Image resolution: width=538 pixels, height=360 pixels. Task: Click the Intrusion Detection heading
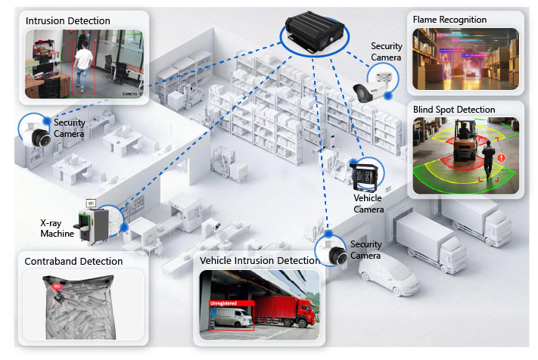(68, 20)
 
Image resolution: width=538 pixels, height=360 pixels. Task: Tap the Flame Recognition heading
(449, 19)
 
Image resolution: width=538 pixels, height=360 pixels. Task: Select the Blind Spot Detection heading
(454, 110)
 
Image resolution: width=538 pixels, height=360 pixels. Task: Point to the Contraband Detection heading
(73, 262)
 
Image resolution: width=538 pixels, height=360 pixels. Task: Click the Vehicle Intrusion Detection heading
(259, 261)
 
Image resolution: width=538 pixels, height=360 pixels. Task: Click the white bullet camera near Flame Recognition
(373, 83)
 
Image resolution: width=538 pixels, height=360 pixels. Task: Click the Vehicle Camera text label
(368, 203)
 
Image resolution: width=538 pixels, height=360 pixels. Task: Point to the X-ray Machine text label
(58, 228)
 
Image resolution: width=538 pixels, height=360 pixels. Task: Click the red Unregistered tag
(223, 303)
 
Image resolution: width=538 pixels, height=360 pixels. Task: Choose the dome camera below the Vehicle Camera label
(334, 253)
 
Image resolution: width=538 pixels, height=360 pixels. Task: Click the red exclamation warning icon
(501, 158)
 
